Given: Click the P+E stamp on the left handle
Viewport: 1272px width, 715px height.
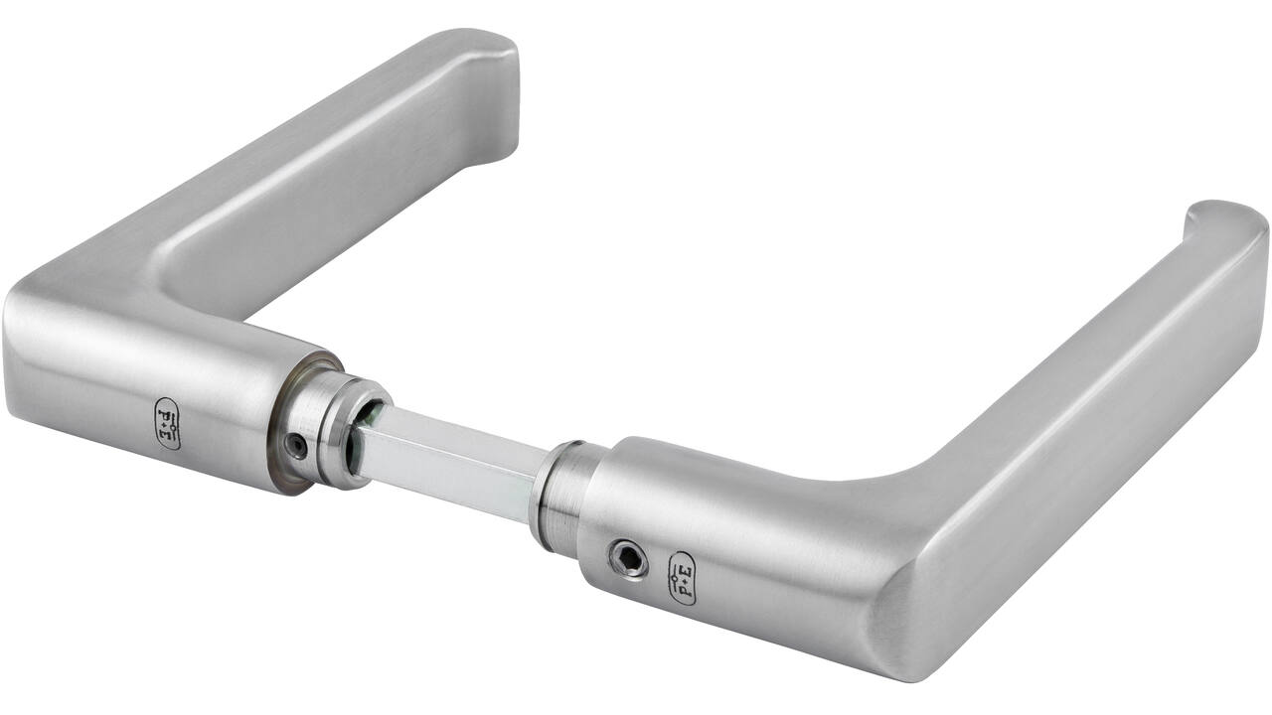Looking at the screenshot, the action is [168, 423].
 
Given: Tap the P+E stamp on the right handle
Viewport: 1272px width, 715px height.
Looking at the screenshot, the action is [682, 578].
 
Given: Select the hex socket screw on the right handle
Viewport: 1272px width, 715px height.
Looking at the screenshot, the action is [628, 558].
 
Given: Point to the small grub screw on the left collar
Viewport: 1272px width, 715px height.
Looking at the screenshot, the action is [296, 447].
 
